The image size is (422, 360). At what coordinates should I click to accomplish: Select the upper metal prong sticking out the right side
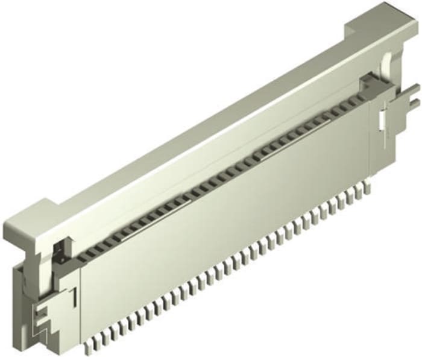[412, 90]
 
